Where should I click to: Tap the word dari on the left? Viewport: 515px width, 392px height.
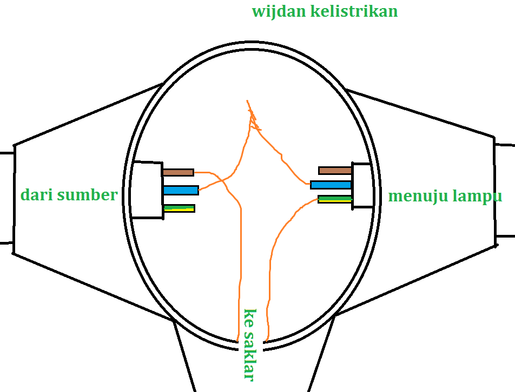tap(37, 195)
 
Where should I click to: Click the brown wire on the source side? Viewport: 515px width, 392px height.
tap(178, 172)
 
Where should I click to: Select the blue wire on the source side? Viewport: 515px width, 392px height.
tap(181, 190)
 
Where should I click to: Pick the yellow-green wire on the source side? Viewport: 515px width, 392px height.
tap(179, 208)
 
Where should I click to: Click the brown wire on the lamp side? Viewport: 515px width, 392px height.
tap(335, 171)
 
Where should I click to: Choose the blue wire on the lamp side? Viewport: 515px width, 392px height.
tap(332, 185)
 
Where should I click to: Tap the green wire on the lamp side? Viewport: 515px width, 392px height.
tap(335, 199)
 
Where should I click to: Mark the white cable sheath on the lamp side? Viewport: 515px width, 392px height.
tap(362, 185)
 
